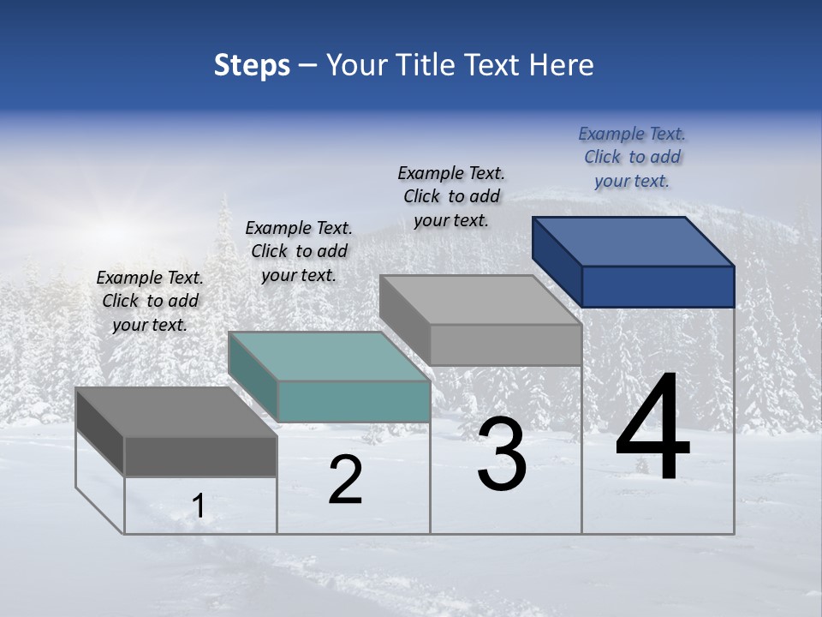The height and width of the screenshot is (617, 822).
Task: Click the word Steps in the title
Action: point(252,65)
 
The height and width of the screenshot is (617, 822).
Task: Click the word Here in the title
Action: point(562,65)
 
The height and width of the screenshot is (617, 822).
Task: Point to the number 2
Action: point(345,480)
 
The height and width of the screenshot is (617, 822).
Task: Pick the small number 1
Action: point(199,506)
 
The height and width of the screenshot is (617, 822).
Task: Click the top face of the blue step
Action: point(634,241)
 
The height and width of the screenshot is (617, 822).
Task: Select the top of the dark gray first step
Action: point(176,411)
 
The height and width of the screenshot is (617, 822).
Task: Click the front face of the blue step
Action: point(658,286)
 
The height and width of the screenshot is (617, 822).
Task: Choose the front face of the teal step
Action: point(354,401)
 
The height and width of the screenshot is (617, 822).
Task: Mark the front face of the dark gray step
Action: point(200,456)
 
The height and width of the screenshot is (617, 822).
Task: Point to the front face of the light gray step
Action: point(505,344)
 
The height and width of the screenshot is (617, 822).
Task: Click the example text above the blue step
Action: point(632,157)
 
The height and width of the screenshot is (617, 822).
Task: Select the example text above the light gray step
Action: point(451,196)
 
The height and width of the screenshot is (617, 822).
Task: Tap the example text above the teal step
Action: point(299,251)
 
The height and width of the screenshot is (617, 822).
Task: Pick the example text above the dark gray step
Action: point(150,301)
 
